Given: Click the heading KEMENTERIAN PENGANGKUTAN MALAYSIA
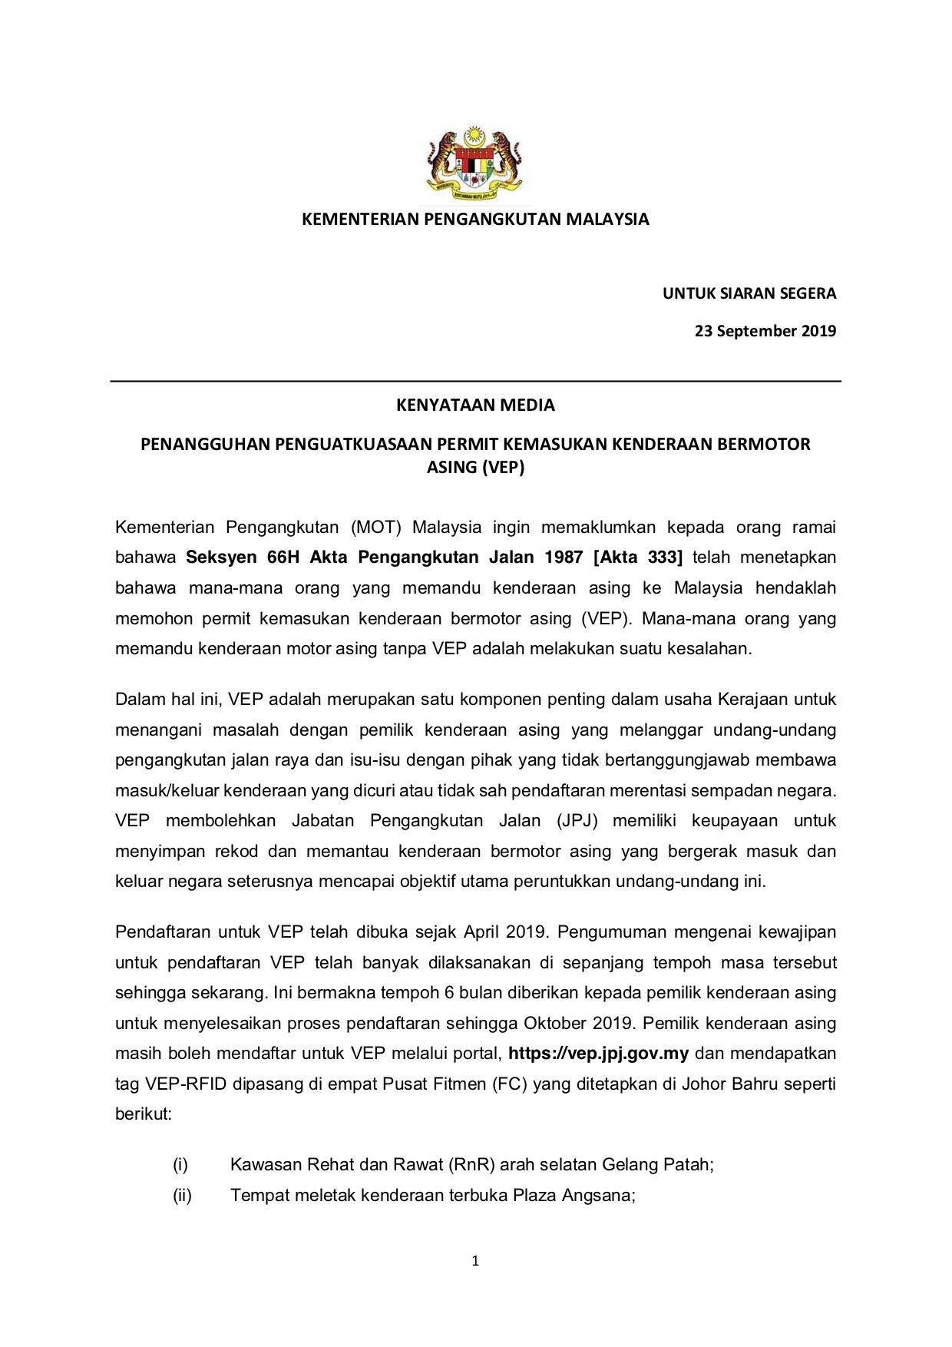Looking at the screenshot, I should coord(475,220).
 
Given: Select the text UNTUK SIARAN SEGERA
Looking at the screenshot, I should coord(749,293).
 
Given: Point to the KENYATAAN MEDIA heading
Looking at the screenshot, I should coord(475,405).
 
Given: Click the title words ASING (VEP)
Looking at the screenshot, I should coord(475,467).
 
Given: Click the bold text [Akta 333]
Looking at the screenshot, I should coord(638,558).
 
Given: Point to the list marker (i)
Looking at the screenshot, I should coord(180,1165).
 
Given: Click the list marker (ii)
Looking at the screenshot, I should coord(182,1196).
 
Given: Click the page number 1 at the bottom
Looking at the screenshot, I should coord(475,1261).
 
